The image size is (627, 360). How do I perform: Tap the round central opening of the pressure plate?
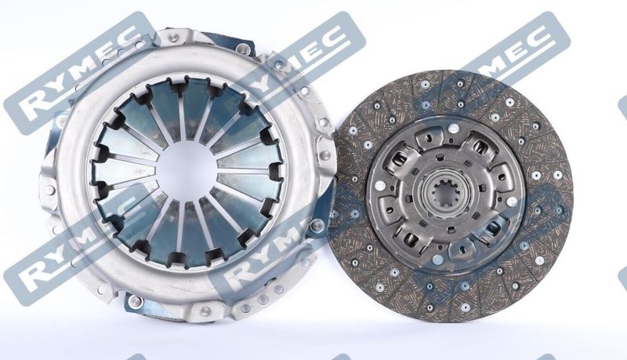[x=187, y=171]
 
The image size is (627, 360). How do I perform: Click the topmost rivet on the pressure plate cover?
[x=172, y=38]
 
